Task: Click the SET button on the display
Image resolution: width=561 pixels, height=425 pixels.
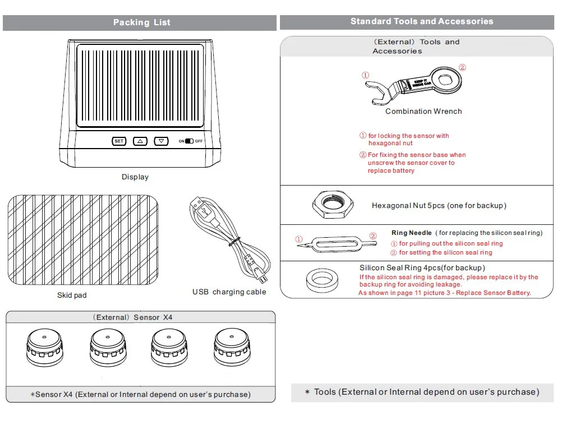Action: (119, 141)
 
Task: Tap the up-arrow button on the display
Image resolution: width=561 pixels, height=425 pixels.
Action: (140, 141)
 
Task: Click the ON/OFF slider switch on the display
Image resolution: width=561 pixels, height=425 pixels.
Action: (189, 141)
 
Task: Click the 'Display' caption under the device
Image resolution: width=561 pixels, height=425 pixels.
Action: (135, 177)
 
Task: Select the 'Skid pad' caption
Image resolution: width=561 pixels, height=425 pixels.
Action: (72, 295)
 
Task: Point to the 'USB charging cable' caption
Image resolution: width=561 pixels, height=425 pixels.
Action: (229, 292)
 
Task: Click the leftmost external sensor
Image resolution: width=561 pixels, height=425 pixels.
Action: (45, 348)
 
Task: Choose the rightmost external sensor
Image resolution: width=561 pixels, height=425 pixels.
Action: (232, 348)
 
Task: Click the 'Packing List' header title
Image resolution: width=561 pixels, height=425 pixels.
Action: (142, 22)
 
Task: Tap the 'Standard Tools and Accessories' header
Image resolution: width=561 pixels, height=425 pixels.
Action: (422, 21)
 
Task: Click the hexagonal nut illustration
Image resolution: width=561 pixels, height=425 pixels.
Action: (333, 205)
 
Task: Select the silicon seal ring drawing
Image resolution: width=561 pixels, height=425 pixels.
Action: (323, 280)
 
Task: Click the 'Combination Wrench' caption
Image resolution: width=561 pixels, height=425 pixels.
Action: (424, 112)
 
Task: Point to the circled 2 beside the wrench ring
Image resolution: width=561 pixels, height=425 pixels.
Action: (462, 67)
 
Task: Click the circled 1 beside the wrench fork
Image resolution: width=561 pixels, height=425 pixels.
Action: (365, 75)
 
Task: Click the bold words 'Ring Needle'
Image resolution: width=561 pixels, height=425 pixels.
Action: (411, 233)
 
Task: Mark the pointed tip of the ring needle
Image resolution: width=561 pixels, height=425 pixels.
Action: (297, 246)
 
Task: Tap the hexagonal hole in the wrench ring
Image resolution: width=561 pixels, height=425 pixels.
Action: (445, 79)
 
